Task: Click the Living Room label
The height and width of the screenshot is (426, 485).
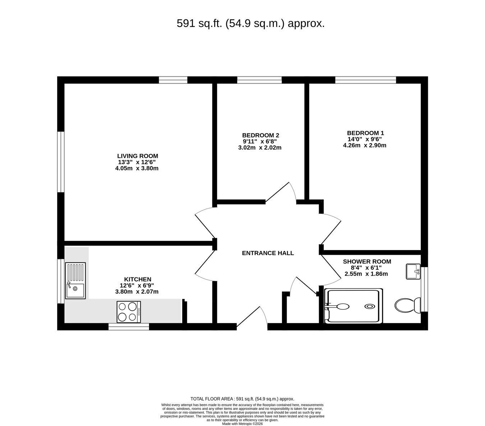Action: click(x=137, y=156)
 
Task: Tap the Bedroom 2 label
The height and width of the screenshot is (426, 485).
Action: click(x=260, y=135)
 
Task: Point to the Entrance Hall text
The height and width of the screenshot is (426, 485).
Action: click(x=268, y=253)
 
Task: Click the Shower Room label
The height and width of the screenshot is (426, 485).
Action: click(x=367, y=261)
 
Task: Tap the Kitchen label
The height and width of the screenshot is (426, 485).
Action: click(x=137, y=279)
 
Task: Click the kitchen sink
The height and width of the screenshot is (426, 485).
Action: click(x=75, y=281)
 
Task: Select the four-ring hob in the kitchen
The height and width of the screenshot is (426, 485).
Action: click(x=129, y=312)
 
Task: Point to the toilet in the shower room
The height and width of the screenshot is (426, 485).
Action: click(x=407, y=305)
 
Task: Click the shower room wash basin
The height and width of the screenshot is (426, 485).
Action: click(x=413, y=271)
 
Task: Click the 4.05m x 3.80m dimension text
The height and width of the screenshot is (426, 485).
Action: click(x=137, y=168)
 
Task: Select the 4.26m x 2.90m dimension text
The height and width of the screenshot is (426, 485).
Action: click(x=365, y=145)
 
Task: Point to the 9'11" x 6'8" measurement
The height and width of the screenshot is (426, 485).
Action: click(x=260, y=141)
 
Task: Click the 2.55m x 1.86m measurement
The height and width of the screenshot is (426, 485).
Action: click(x=366, y=274)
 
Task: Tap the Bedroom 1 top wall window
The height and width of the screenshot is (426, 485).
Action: click(x=365, y=80)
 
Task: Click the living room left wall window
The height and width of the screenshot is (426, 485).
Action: click(x=61, y=162)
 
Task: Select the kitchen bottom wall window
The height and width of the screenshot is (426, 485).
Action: click(x=129, y=327)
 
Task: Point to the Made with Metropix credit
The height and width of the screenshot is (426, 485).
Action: click(x=242, y=423)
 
